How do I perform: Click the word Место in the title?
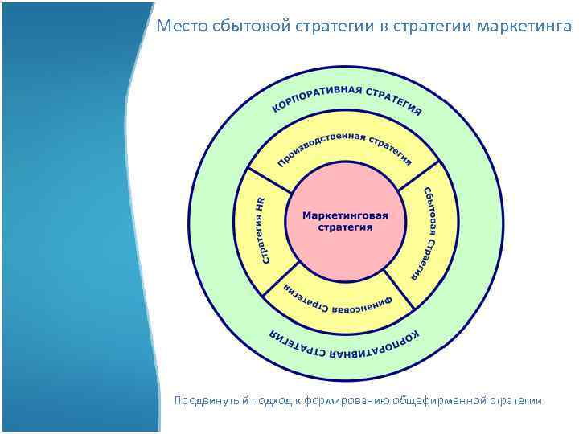(x=179, y=27)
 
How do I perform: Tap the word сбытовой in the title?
(x=240, y=27)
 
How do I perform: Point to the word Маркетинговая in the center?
(x=345, y=215)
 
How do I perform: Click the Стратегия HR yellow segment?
(x=262, y=229)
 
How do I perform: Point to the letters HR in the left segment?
(x=261, y=204)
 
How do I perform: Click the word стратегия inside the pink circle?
(x=345, y=227)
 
